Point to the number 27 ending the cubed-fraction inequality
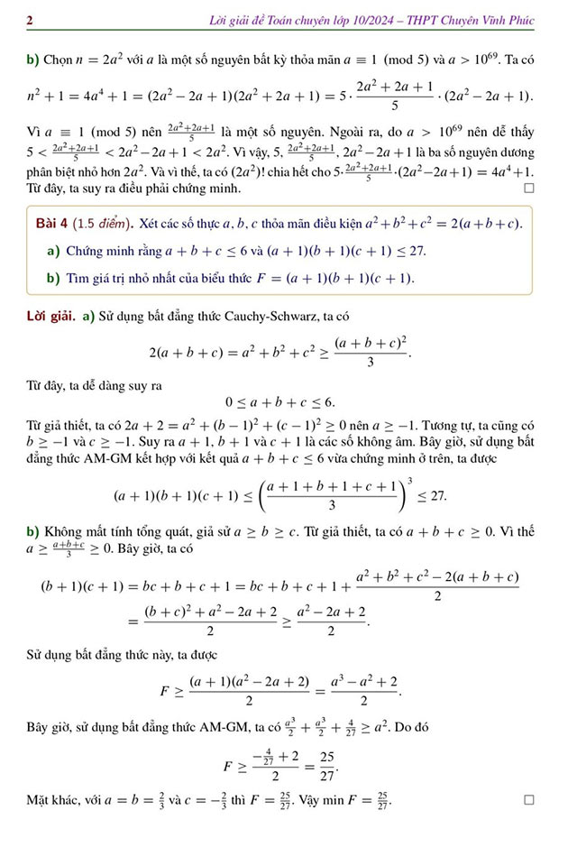pyautogui.click(x=437, y=496)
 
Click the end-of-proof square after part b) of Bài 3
pyautogui.click(x=529, y=189)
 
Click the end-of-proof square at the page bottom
pyautogui.click(x=529, y=800)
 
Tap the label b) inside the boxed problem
pyautogui.click(x=53, y=278)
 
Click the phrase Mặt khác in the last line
pyautogui.click(x=52, y=800)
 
